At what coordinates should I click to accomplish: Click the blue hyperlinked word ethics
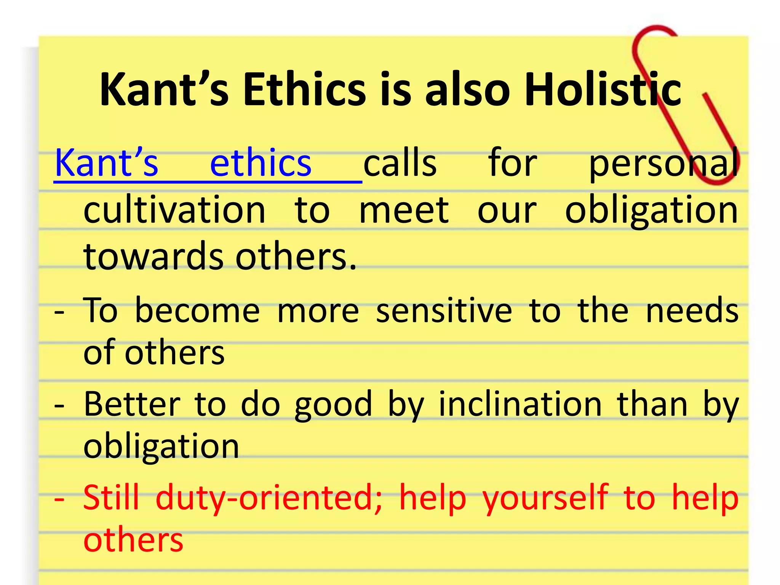coord(261,163)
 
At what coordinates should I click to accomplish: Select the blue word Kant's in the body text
coord(106,163)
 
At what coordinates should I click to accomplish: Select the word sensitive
coord(444,311)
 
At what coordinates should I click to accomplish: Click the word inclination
coord(520,404)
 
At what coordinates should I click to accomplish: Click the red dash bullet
coord(59,499)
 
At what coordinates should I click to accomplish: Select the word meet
coord(404,211)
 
